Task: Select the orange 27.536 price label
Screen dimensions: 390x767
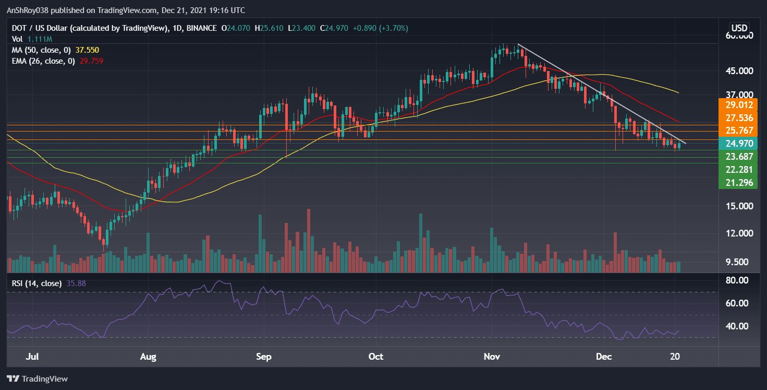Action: [x=737, y=118]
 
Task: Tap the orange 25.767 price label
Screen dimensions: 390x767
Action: [x=737, y=131]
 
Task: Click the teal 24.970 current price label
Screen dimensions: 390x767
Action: [x=737, y=143]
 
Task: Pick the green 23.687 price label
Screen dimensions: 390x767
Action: [x=737, y=156]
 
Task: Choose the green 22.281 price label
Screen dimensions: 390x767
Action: [x=737, y=169]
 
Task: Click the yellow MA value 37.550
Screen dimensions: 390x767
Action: [x=89, y=50]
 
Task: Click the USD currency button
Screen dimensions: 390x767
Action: [x=739, y=28]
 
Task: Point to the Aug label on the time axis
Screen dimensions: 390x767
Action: [x=149, y=357]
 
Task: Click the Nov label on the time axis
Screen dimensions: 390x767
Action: [x=492, y=357]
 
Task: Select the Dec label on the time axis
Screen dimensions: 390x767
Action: [x=604, y=357]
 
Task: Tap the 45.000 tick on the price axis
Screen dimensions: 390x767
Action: [x=739, y=71]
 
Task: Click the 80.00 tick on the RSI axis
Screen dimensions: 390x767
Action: [x=737, y=280]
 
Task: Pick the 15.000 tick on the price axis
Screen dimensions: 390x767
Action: [x=739, y=206]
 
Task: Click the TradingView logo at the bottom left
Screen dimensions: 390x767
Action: [x=38, y=379]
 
